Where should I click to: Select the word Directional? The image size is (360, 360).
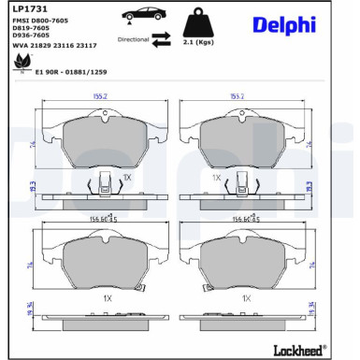(133, 40)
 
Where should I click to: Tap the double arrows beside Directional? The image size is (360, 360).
(161, 39)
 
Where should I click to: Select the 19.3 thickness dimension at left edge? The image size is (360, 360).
(7, 188)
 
